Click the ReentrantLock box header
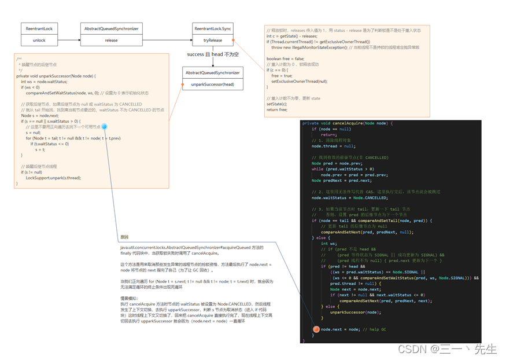pos(39,28)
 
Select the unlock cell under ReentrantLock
pos(39,41)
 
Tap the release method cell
pos(111,41)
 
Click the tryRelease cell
pos(213,41)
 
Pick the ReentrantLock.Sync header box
pos(213,28)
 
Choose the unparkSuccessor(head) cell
pos(213,84)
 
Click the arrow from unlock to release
pos(69,41)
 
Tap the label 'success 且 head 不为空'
pos(213,54)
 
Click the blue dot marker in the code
pos(105,127)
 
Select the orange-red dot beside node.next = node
pos(316,329)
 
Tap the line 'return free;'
pos(277,109)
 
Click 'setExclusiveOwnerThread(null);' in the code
pos(300,82)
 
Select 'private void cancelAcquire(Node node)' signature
pos(347,123)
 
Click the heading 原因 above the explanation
pos(124,237)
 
